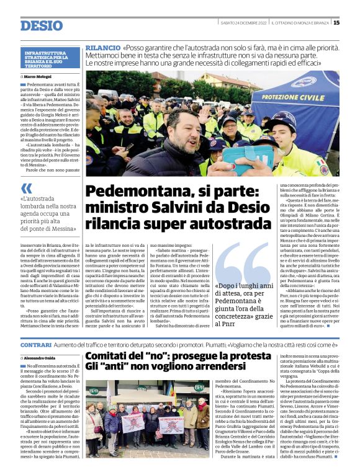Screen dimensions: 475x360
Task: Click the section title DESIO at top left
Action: (42, 26)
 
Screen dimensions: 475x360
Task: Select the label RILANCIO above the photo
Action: (102, 48)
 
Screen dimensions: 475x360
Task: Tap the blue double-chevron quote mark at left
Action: (26, 188)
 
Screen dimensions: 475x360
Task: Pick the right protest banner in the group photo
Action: (171, 424)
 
